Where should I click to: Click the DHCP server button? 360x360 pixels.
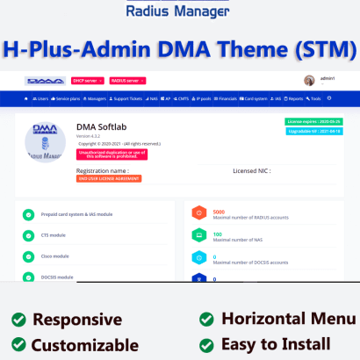84,80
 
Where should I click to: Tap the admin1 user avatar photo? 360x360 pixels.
312,80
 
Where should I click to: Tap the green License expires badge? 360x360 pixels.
309,121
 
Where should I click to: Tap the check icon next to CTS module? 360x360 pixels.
28,234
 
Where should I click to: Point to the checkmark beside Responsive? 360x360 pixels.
17,319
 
